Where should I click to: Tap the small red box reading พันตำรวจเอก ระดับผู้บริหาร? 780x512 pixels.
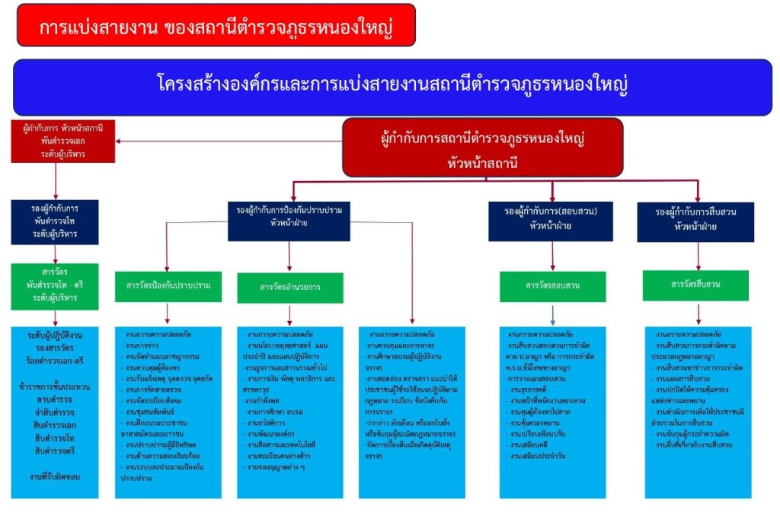pos(63,141)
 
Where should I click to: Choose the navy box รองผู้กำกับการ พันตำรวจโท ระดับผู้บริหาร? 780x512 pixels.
pos(56,221)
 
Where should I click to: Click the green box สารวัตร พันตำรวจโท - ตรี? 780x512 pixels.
pos(56,285)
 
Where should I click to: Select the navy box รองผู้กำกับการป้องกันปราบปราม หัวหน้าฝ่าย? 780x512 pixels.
pos(289,217)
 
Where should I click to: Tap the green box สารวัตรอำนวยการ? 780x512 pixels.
pos(289,288)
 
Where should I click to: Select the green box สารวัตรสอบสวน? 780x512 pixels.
pos(553,286)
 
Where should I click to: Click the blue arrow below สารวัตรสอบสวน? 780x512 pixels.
pos(553,314)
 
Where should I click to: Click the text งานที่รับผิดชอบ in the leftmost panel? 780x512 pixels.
pos(55,475)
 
